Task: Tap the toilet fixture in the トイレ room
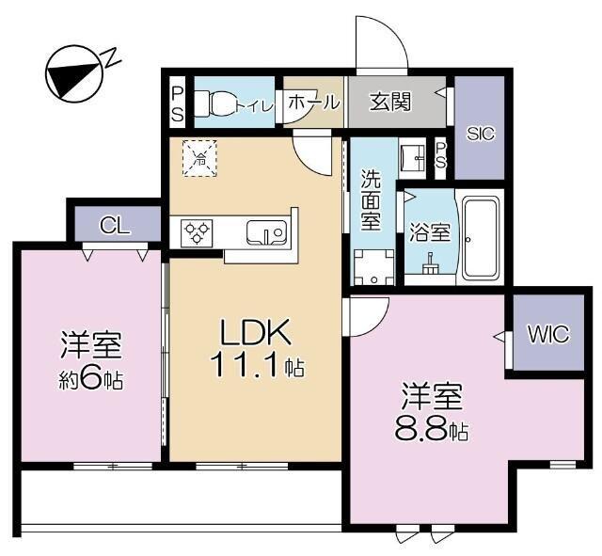click(x=215, y=105)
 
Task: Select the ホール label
click(x=311, y=102)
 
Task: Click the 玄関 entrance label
click(x=389, y=102)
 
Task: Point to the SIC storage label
click(x=480, y=135)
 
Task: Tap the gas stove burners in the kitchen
click(x=198, y=230)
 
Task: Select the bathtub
click(x=481, y=238)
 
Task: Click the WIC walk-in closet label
click(x=546, y=334)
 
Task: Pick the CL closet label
click(x=116, y=225)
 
